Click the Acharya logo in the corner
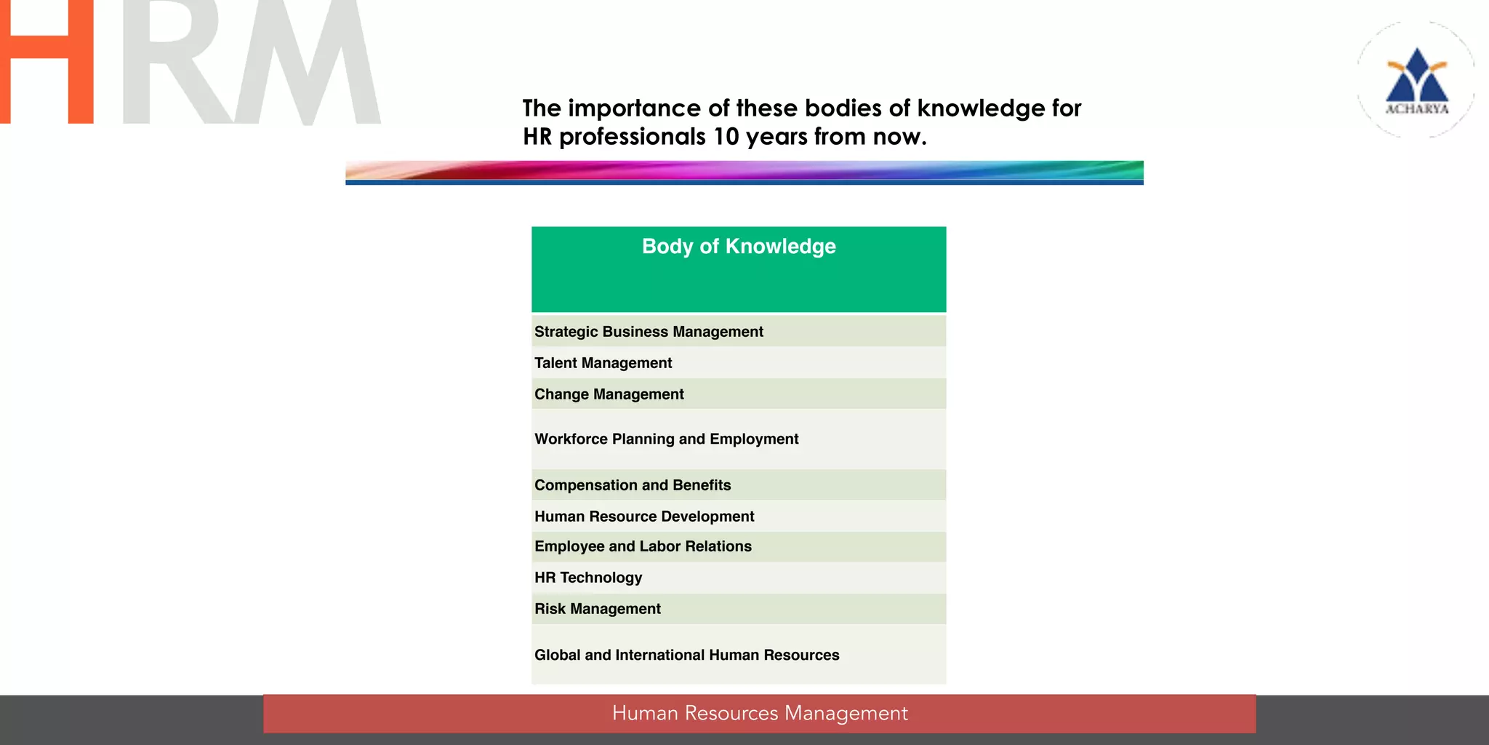pyautogui.click(x=1416, y=80)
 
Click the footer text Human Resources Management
pyautogui.click(x=760, y=713)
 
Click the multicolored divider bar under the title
pyautogui.click(x=744, y=172)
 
